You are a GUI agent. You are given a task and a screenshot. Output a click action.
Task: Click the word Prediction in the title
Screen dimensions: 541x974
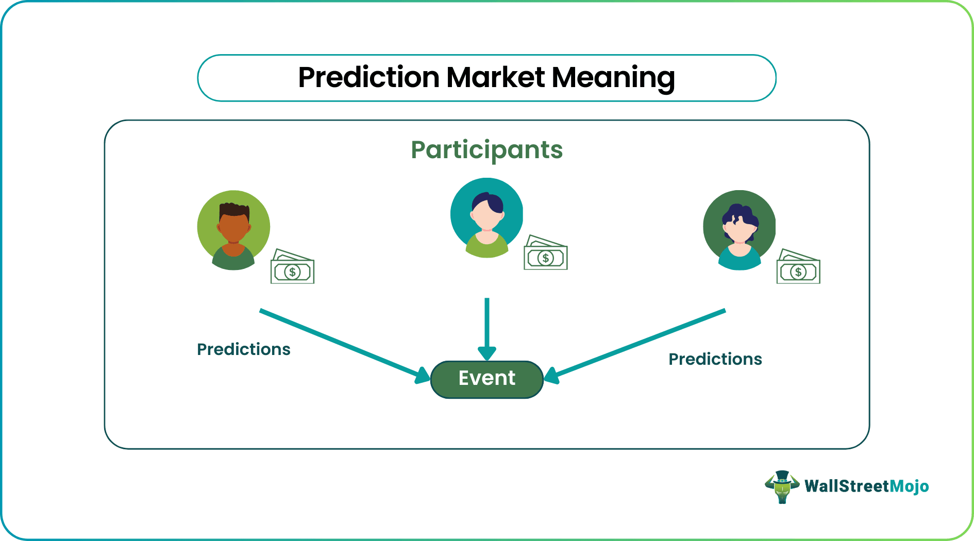(x=368, y=78)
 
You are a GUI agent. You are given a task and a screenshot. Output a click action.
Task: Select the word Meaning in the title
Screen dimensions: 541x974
(x=613, y=78)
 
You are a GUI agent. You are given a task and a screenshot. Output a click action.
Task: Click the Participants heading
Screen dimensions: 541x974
(x=486, y=150)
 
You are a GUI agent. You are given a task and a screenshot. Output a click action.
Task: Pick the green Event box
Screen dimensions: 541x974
(x=486, y=379)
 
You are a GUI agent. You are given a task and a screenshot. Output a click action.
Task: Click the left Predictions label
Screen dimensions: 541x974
(x=243, y=349)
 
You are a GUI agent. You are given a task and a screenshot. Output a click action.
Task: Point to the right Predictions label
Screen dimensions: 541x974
(x=715, y=359)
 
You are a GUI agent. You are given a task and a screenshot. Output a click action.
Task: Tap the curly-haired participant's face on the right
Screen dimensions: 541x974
(x=739, y=230)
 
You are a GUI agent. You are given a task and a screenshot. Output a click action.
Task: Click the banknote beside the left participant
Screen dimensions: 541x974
(x=292, y=268)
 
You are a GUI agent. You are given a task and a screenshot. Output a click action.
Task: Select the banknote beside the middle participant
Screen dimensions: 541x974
(x=545, y=254)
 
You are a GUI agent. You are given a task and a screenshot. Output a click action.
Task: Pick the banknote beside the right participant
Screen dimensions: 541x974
(x=798, y=268)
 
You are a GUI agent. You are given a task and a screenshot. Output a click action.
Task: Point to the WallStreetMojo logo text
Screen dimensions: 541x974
(x=866, y=486)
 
